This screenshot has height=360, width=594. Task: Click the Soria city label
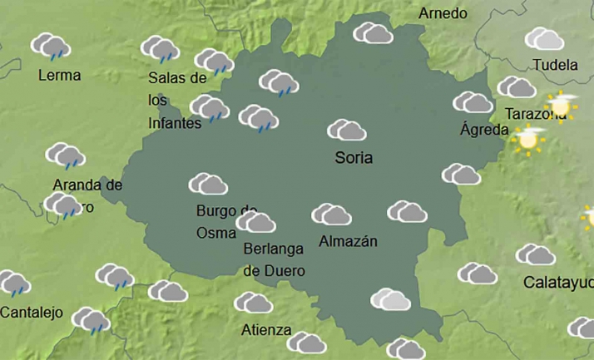(x=353, y=157)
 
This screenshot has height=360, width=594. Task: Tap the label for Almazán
(x=348, y=242)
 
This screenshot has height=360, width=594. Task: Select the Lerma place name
(x=60, y=76)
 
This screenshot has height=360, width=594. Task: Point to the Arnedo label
(x=443, y=13)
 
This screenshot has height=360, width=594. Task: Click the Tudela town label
(x=554, y=65)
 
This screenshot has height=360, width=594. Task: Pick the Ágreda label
(x=483, y=130)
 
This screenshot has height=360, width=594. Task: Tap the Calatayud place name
(x=558, y=283)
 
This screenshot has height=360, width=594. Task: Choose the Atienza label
(x=266, y=330)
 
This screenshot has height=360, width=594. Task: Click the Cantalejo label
(x=32, y=313)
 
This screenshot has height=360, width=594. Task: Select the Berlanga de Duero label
(x=274, y=259)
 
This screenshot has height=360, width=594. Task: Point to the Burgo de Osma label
(x=226, y=221)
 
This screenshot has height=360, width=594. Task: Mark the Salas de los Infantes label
(x=176, y=101)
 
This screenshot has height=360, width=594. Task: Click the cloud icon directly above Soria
(x=347, y=131)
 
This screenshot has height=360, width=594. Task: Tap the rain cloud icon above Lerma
(x=51, y=47)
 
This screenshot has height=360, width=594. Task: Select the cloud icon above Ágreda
(x=473, y=102)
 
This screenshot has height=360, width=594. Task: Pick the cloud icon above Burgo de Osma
(x=208, y=184)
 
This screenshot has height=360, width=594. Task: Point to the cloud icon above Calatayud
(x=535, y=254)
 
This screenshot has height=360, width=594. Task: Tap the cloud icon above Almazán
(x=332, y=215)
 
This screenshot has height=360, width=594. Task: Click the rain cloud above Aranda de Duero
(x=65, y=155)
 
